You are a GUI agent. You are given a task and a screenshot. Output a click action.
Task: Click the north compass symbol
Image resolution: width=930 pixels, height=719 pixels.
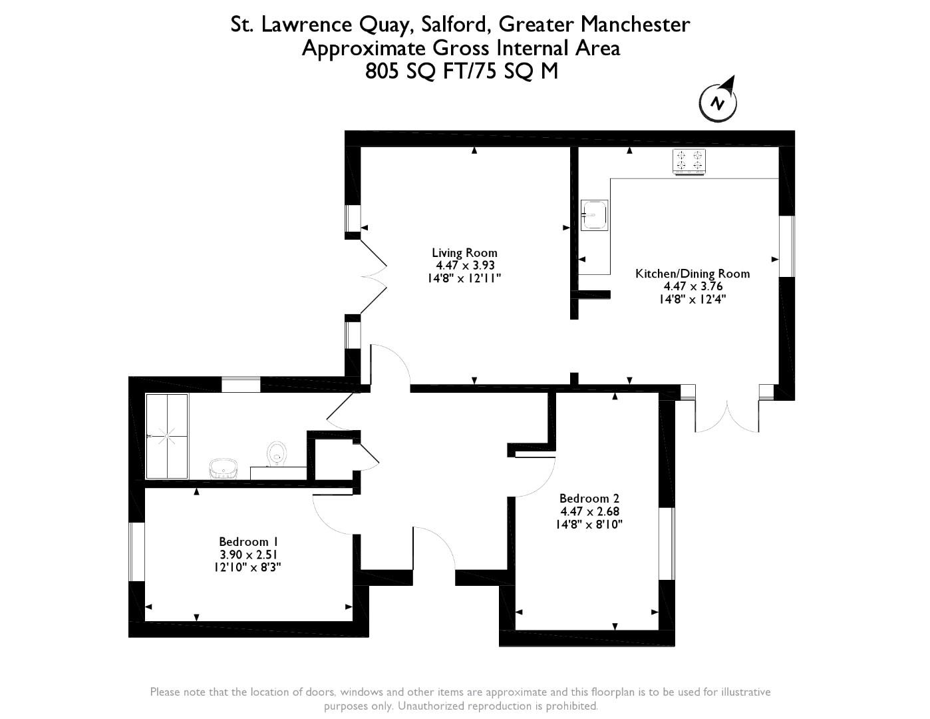[x=718, y=102]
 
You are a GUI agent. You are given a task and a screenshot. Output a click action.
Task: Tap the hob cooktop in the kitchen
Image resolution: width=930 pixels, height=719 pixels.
[x=689, y=162]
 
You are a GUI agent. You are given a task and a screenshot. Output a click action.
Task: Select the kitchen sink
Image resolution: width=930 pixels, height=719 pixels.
[x=594, y=215]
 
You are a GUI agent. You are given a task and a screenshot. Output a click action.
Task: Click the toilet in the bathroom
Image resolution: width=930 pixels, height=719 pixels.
[x=277, y=454]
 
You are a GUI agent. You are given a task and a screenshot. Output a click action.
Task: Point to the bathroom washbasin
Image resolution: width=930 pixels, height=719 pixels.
[x=223, y=469]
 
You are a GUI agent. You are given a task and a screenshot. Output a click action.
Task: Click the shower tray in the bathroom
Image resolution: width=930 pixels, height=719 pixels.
[x=167, y=436]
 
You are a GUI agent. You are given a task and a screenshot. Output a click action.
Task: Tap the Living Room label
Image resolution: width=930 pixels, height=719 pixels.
[x=464, y=253]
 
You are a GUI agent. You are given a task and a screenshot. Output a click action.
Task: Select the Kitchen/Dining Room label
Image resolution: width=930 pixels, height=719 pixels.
[x=693, y=274]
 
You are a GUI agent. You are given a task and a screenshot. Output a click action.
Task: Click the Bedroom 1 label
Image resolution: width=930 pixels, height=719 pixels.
[x=243, y=542]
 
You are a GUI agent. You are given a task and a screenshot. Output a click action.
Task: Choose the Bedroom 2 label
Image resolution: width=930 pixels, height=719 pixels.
[x=589, y=499]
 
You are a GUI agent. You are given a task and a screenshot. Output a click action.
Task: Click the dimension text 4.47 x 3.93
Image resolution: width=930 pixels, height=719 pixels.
[x=465, y=266]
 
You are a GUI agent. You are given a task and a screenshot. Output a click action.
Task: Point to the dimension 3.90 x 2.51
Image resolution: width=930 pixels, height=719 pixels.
[x=249, y=555]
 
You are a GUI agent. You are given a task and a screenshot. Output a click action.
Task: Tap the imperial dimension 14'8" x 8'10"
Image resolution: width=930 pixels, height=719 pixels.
[x=589, y=524]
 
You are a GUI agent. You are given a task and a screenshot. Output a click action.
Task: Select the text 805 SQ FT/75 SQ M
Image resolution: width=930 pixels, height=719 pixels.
[x=462, y=71]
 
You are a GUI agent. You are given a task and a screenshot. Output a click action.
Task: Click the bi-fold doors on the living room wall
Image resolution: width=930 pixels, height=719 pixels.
[x=373, y=277]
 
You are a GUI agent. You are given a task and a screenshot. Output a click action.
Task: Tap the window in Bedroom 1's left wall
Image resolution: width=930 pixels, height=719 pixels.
[x=137, y=551]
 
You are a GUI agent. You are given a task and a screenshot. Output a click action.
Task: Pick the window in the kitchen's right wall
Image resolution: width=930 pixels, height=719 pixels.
[x=786, y=246]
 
